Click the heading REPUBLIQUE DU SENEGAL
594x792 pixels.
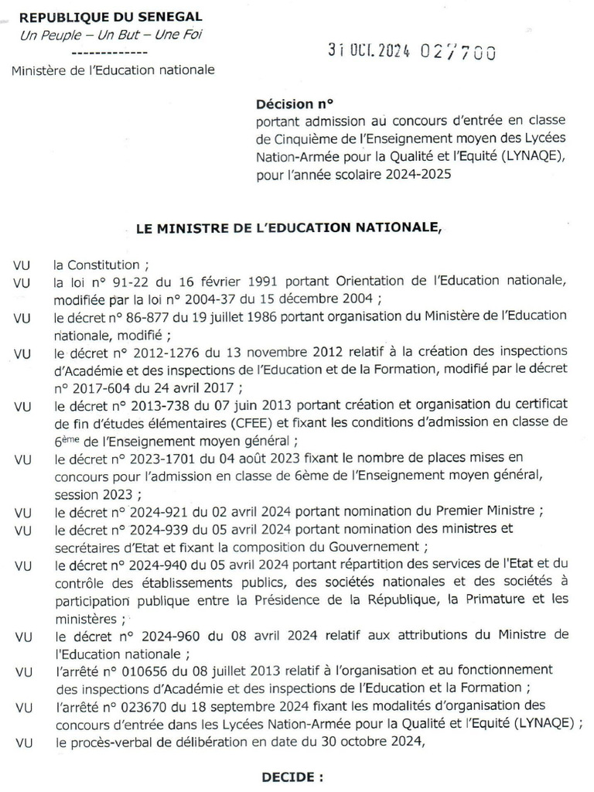click(111, 16)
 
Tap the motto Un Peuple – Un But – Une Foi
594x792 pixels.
click(111, 35)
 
